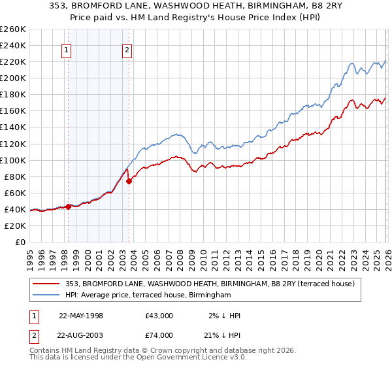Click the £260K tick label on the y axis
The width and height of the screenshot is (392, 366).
13,29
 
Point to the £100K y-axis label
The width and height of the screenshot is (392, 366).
13,160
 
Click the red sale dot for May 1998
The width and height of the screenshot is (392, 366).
69,207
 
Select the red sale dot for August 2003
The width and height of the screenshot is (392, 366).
129,181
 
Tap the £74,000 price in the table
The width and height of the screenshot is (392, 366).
159,335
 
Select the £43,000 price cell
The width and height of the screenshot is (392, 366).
159,316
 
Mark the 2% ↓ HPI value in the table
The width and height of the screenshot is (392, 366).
224,316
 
